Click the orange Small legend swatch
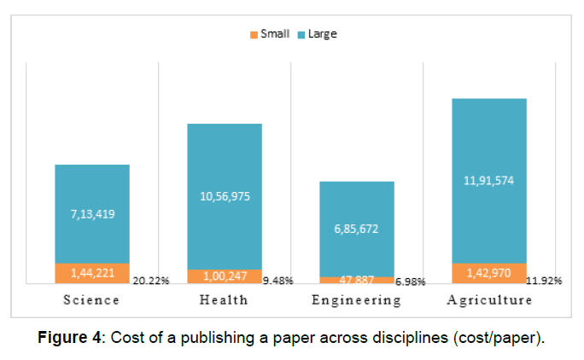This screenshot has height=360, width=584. (254, 35)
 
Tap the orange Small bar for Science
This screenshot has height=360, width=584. (92, 273)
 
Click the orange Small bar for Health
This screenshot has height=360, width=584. (225, 276)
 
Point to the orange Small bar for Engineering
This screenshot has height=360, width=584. (357, 279)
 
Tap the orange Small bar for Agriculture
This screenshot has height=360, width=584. (489, 273)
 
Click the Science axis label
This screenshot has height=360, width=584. (91, 300)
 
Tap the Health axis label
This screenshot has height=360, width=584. (224, 300)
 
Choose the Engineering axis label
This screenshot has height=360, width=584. (356, 300)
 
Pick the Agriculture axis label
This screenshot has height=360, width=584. (489, 300)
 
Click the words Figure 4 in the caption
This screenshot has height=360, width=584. (71, 337)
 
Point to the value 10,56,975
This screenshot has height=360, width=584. (225, 196)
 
